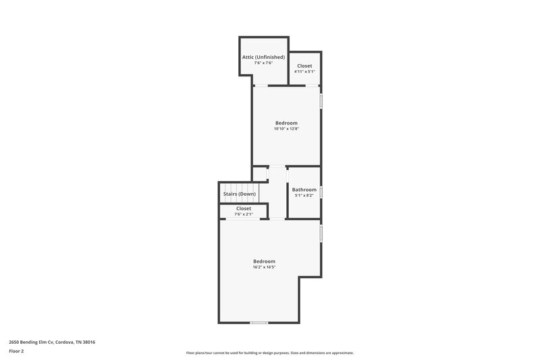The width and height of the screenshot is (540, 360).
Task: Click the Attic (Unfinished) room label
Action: (263, 57)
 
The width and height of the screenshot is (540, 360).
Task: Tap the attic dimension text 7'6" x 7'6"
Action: (263, 63)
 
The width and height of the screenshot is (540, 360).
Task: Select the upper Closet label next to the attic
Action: (304, 66)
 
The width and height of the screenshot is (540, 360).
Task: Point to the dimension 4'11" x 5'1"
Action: (304, 72)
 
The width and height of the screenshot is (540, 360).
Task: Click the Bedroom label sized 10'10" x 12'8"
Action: (286, 122)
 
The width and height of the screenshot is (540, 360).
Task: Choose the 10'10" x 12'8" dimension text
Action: (286, 128)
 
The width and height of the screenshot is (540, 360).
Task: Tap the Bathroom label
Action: (304, 190)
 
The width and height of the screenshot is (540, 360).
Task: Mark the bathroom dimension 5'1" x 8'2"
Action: (304, 196)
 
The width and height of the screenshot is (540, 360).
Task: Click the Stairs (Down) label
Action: (240, 194)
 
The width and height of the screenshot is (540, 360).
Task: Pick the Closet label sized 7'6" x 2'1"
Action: (244, 209)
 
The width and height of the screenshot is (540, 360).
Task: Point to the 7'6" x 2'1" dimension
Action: (244, 214)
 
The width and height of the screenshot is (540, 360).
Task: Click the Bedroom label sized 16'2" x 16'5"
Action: (264, 261)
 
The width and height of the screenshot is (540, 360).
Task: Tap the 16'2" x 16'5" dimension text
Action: (264, 267)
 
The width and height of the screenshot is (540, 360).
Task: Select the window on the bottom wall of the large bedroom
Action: (259, 322)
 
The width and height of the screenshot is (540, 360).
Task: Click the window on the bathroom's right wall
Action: (321, 192)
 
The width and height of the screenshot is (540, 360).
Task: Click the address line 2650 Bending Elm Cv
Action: (52, 342)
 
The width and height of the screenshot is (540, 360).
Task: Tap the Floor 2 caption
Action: (16, 351)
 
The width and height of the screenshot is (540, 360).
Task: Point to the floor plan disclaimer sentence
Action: (269, 353)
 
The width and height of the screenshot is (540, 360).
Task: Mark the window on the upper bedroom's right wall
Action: (321, 100)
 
